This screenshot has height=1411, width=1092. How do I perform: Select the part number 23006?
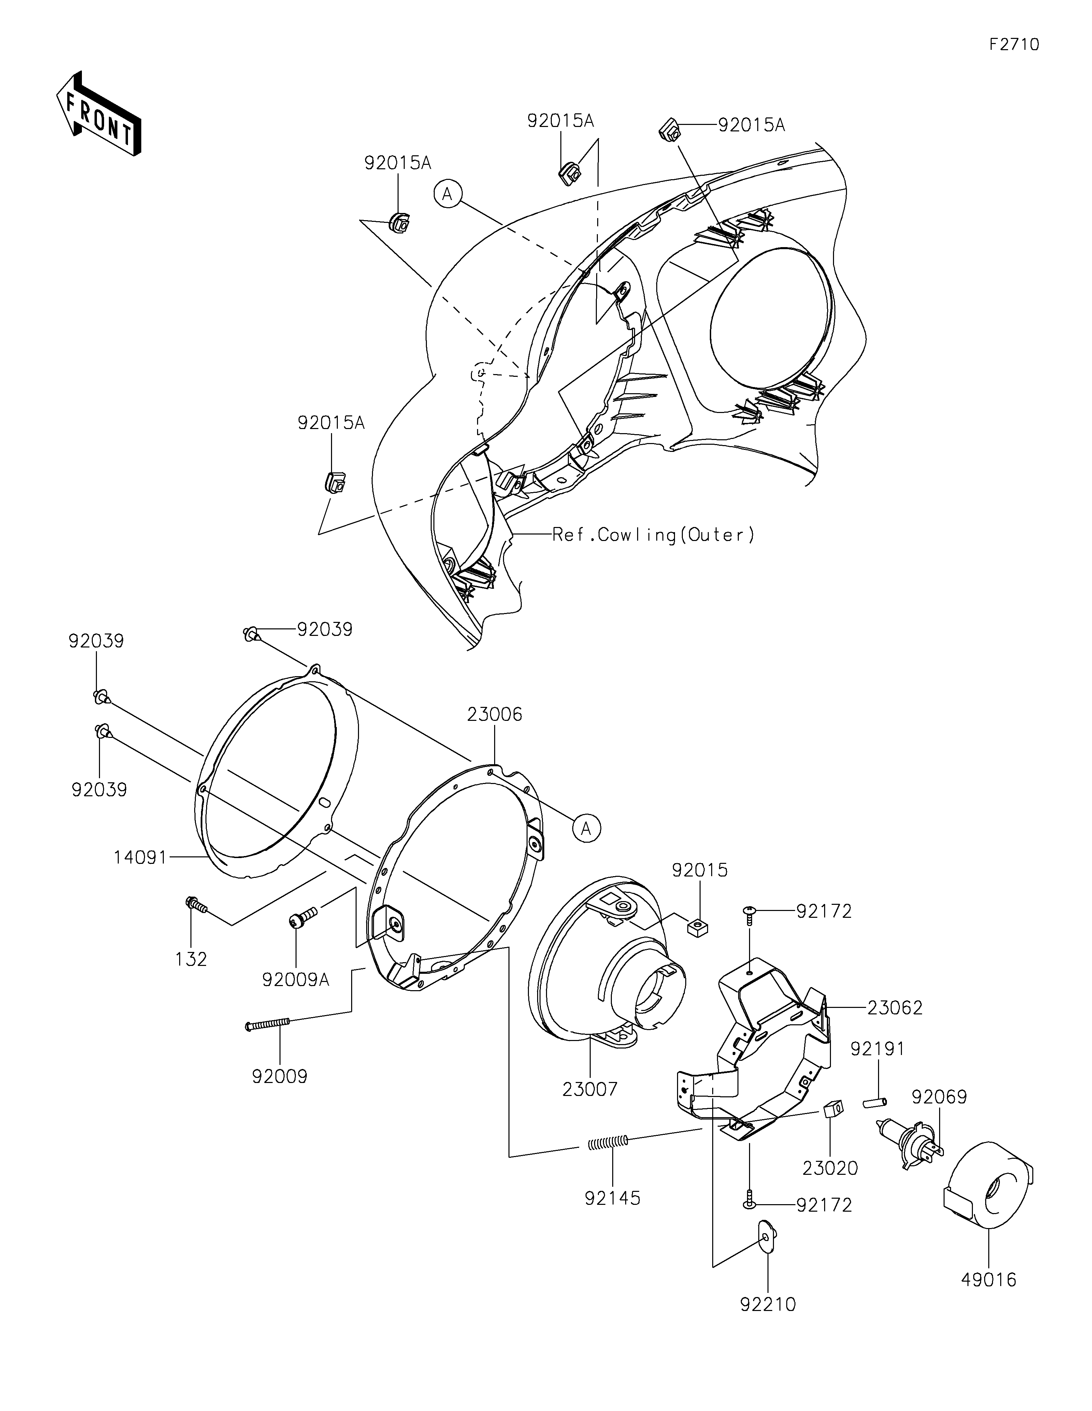495,715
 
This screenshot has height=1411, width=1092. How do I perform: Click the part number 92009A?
296,980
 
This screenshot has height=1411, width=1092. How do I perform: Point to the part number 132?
191,959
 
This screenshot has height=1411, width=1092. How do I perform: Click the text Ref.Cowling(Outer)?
653,535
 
